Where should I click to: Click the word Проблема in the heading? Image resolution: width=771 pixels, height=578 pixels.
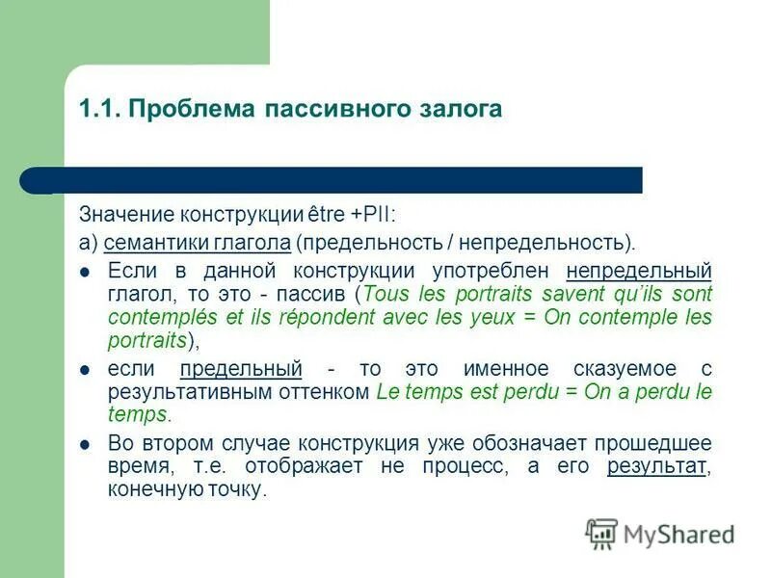[187, 109]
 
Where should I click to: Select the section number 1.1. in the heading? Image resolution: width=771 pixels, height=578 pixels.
[99, 109]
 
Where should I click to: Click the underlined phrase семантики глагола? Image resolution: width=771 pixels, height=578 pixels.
[198, 242]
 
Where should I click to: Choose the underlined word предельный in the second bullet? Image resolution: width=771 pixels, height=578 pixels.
[241, 368]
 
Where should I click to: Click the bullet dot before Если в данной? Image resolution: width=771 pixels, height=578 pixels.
[85, 271]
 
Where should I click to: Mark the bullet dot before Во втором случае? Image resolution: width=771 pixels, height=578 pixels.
[85, 445]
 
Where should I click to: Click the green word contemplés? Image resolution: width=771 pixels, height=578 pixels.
[157, 316]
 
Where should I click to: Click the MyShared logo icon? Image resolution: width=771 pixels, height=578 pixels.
[601, 533]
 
